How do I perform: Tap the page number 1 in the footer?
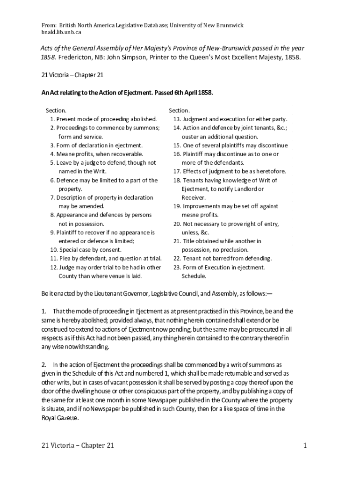pyautogui.click(x=305, y=445)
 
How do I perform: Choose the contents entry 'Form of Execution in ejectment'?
pyautogui.click(x=223, y=268)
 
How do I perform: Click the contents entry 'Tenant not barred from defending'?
pyautogui.click(x=227, y=259)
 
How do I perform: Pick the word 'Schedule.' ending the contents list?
pyautogui.click(x=194, y=276)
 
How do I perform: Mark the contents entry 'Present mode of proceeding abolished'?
pyautogui.click(x=106, y=119)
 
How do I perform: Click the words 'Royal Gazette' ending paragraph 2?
pyautogui.click(x=59, y=419)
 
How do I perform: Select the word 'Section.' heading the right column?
pyautogui.click(x=179, y=110)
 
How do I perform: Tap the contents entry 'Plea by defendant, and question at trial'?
pyautogui.click(x=110, y=259)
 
